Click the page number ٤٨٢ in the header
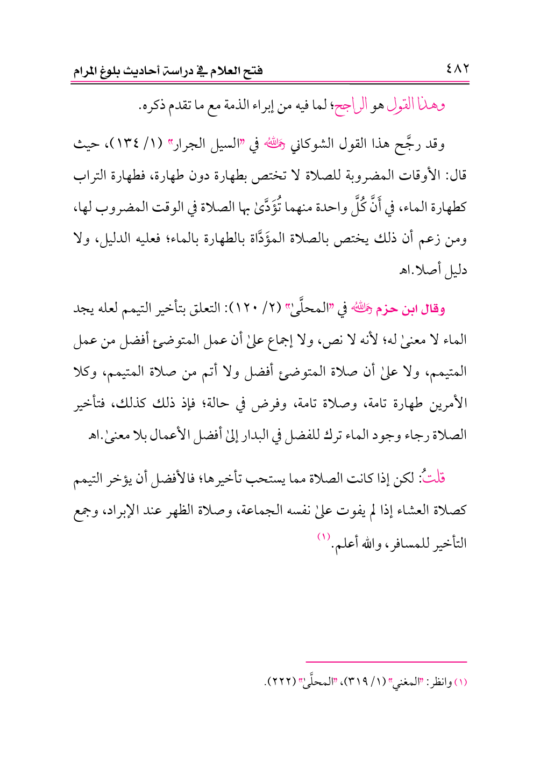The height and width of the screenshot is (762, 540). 458,69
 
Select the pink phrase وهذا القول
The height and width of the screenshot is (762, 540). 416,105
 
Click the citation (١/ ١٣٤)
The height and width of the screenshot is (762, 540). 138,145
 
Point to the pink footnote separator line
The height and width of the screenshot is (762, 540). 386,662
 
